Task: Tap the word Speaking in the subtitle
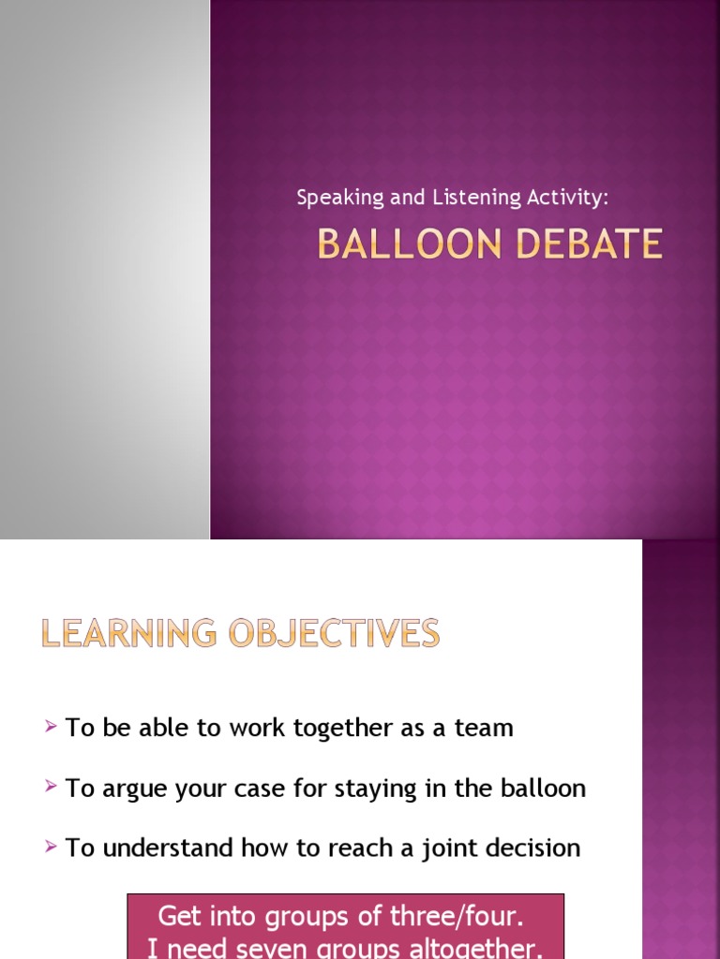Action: coord(328,198)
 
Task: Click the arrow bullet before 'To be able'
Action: coord(51,727)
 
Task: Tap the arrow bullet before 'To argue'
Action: coord(51,787)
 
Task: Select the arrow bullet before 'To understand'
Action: coord(51,847)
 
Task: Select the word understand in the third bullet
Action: coord(169,848)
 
